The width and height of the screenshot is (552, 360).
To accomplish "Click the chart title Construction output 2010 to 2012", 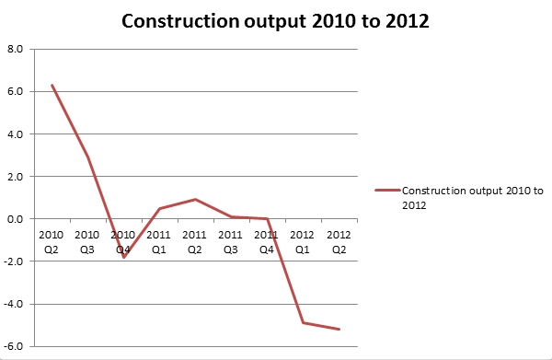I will pos(275,20).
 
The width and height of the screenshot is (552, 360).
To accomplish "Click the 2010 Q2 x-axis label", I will pos(52,240).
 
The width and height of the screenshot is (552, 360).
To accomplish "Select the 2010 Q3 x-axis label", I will pos(88,240).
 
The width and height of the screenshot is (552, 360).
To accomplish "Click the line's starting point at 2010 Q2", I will pos(52,86).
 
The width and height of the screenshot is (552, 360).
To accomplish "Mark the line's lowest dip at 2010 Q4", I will pos(124,257).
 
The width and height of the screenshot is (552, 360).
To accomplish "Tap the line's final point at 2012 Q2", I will pos(339,330).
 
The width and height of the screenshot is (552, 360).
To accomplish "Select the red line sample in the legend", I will pos(387,192).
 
